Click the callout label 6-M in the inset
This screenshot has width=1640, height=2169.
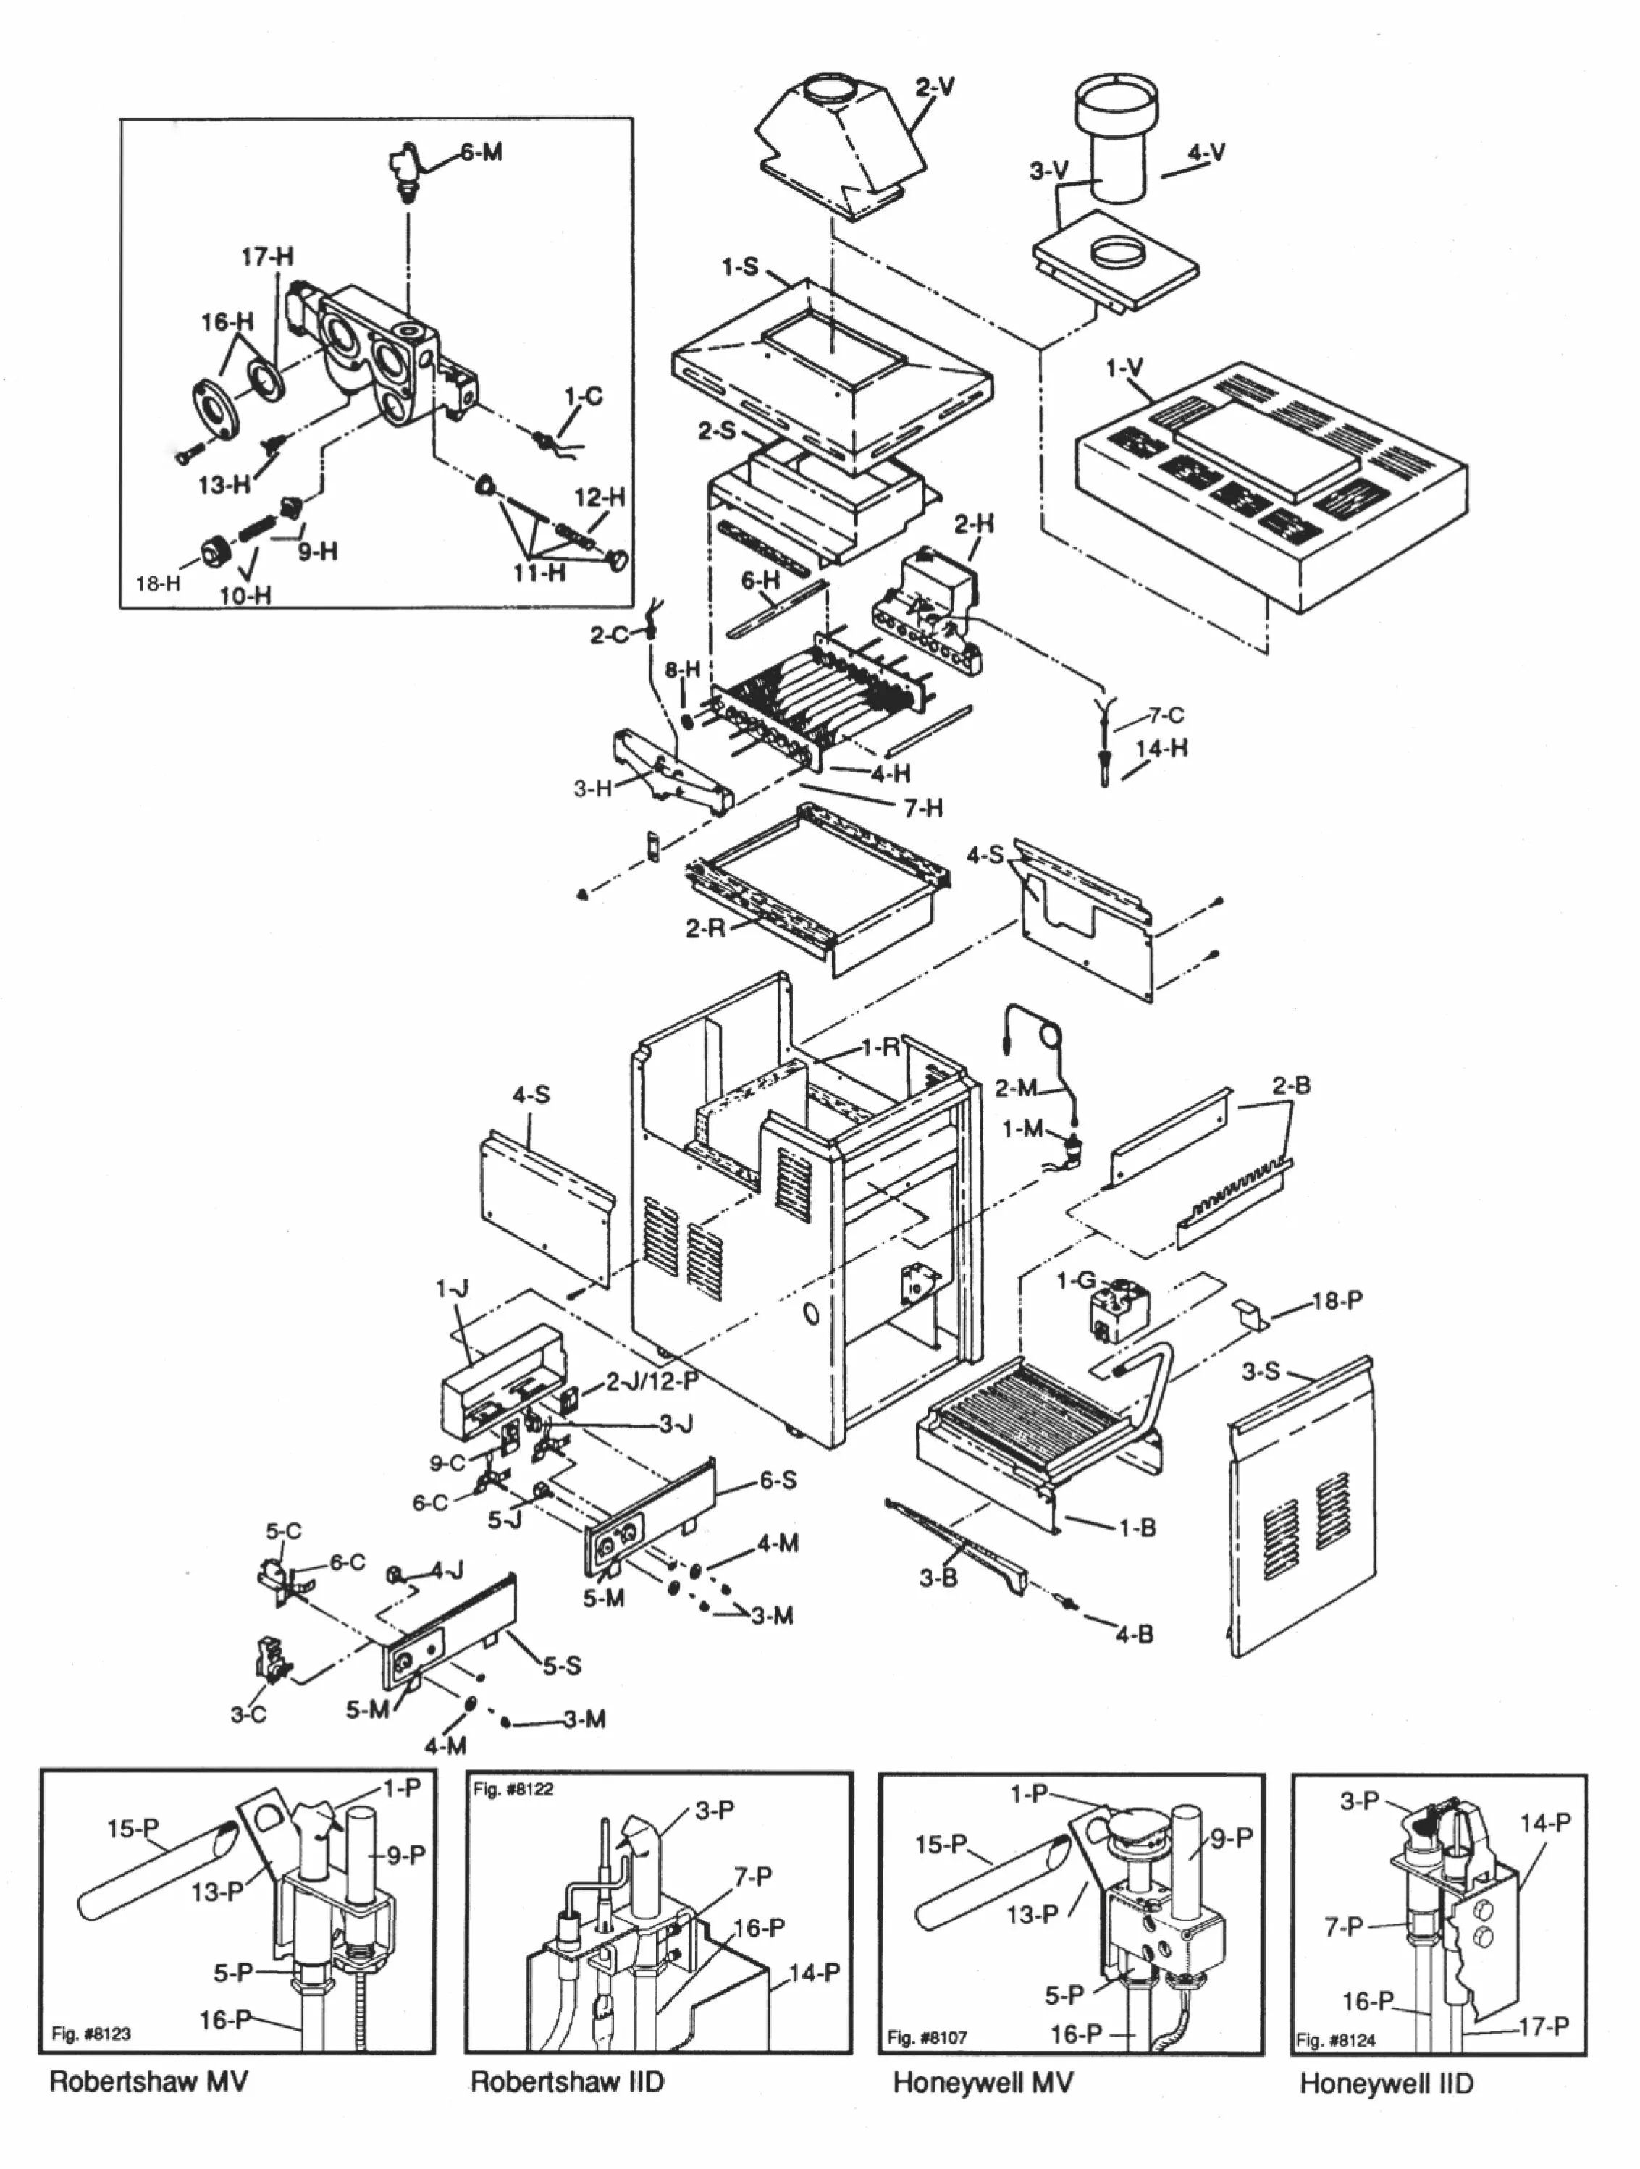pos(481,152)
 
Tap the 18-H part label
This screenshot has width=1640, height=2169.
pos(158,584)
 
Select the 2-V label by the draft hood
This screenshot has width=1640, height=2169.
pos(935,88)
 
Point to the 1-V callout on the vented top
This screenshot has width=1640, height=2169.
pos(1124,368)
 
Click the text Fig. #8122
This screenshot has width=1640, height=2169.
pos(513,1790)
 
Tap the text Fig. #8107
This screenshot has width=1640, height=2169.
pos(927,2038)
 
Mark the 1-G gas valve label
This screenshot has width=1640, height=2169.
pos(1075,1281)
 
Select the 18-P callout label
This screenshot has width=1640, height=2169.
pos(1337,1301)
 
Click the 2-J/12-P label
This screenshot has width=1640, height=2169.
pos(651,1381)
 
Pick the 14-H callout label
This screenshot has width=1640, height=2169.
pos(1161,748)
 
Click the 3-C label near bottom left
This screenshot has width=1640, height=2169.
pos(248,1714)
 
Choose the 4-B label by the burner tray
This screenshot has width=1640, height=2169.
pos(1134,1635)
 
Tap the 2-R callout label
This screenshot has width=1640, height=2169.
pos(705,927)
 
